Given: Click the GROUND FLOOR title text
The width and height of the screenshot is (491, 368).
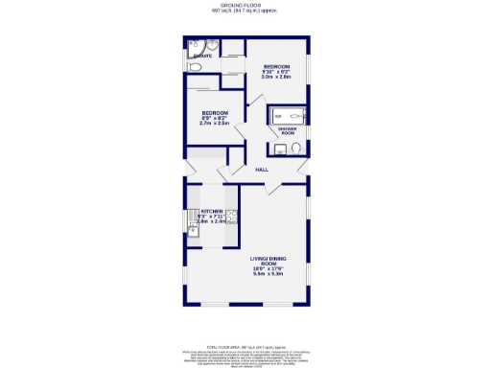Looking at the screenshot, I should (245, 5).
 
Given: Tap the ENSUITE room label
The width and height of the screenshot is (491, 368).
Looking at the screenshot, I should (203, 57).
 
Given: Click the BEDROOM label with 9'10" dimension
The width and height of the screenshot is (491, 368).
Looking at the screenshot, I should (277, 65).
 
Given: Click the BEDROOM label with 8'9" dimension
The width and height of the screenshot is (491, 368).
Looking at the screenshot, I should (214, 112).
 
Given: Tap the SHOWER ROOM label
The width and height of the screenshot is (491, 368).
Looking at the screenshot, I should (285, 131).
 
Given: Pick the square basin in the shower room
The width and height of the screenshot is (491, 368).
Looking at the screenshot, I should (279, 148).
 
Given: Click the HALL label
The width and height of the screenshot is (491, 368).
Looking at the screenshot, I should (261, 170).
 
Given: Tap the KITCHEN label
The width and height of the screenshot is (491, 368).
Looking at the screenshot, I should (211, 211).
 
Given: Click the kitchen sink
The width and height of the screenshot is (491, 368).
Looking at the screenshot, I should (191, 228).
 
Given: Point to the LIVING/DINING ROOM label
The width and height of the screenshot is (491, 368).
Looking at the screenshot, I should (269, 262).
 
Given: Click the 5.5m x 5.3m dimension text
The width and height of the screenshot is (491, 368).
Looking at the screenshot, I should (269, 275).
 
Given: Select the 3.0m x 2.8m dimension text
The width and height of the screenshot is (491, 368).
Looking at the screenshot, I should (277, 79).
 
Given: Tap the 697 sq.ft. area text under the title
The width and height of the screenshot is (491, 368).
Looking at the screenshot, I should (245, 11).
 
